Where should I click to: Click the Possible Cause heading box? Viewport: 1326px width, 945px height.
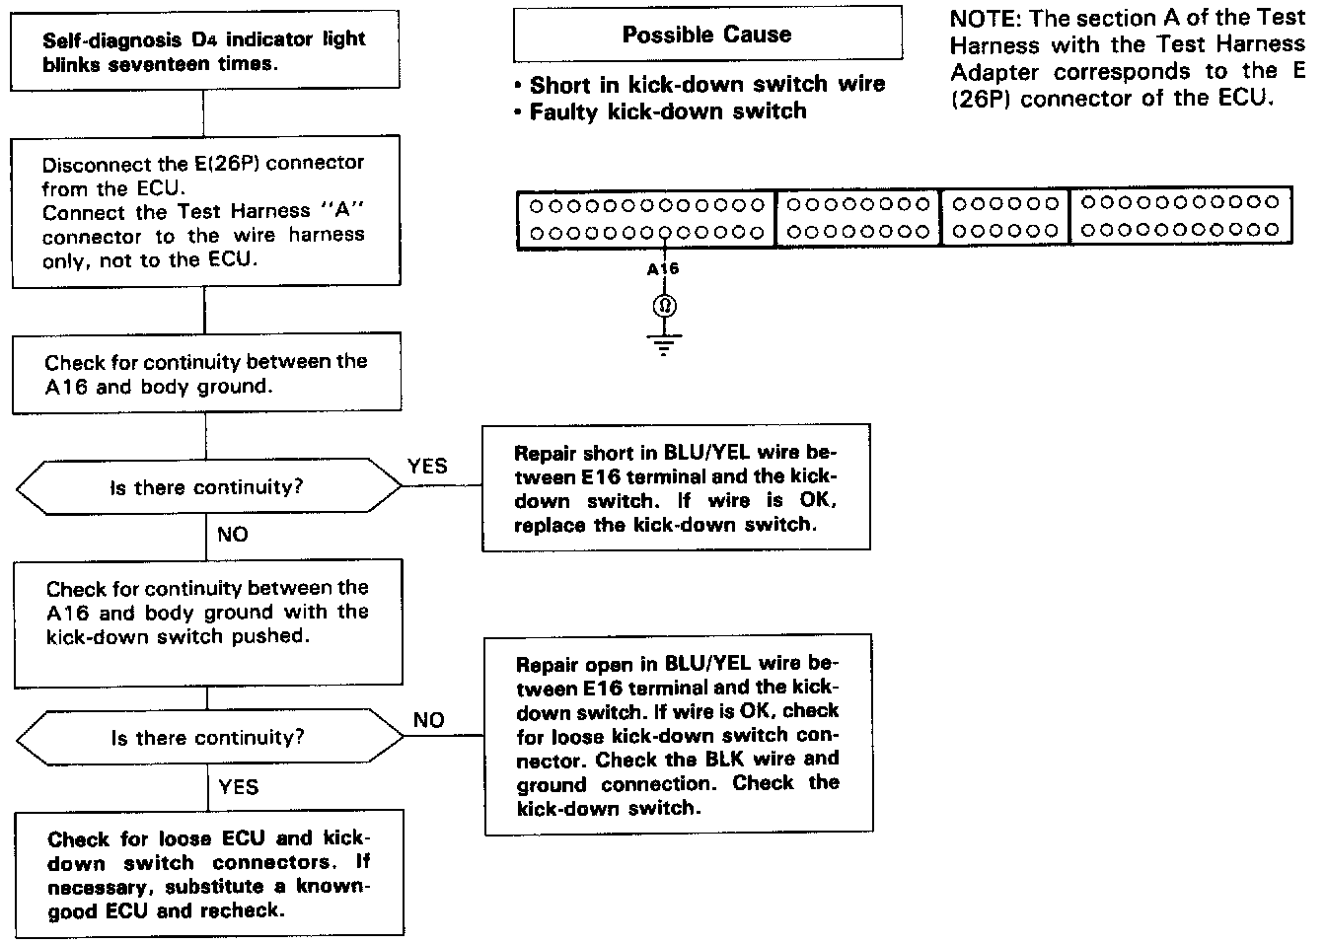pos(707,35)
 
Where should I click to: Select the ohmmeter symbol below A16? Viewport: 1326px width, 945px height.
pos(664,306)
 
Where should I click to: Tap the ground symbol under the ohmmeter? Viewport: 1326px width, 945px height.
pos(664,345)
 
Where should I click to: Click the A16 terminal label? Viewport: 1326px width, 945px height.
pos(663,268)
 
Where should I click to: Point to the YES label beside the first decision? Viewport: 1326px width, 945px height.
pos(426,467)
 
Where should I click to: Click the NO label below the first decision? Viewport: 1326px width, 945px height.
pos(233,535)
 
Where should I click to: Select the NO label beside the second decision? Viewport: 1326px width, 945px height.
pos(428,720)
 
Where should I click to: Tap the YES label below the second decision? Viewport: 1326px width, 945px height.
pos(239,786)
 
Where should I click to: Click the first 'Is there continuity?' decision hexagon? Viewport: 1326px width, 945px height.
pos(206,487)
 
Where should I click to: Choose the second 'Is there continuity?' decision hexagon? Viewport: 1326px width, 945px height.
pos(207,738)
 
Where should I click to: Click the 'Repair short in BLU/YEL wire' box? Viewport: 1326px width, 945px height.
pos(676,488)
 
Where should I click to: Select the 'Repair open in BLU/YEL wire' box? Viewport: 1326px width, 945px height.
pos(678,735)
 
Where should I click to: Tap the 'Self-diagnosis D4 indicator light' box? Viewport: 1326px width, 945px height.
pos(205,52)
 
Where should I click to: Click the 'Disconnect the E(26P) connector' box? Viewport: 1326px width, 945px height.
pos(205,211)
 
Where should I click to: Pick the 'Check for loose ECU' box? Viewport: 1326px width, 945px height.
pos(208,874)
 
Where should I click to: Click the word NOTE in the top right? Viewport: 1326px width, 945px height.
pos(982,19)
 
